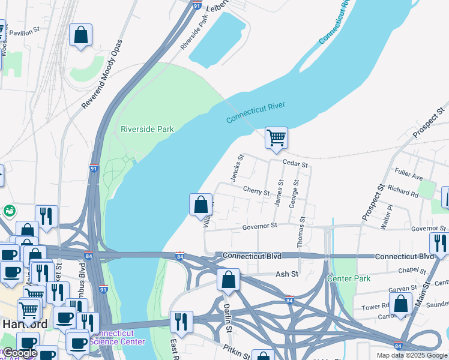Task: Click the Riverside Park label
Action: [x=147, y=129]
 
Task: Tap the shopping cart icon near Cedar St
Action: [x=276, y=137]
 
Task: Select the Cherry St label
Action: [x=256, y=191]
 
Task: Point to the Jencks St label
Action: [x=237, y=169]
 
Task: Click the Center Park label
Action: [x=348, y=279]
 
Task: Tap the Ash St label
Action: [x=286, y=274]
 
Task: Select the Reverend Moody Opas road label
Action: [x=103, y=75]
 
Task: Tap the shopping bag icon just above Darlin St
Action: [x=228, y=280]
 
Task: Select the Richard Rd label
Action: [x=403, y=191]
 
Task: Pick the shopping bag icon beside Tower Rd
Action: [x=400, y=304]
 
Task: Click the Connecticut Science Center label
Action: [x=118, y=337]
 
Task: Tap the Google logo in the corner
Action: [x=20, y=353]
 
